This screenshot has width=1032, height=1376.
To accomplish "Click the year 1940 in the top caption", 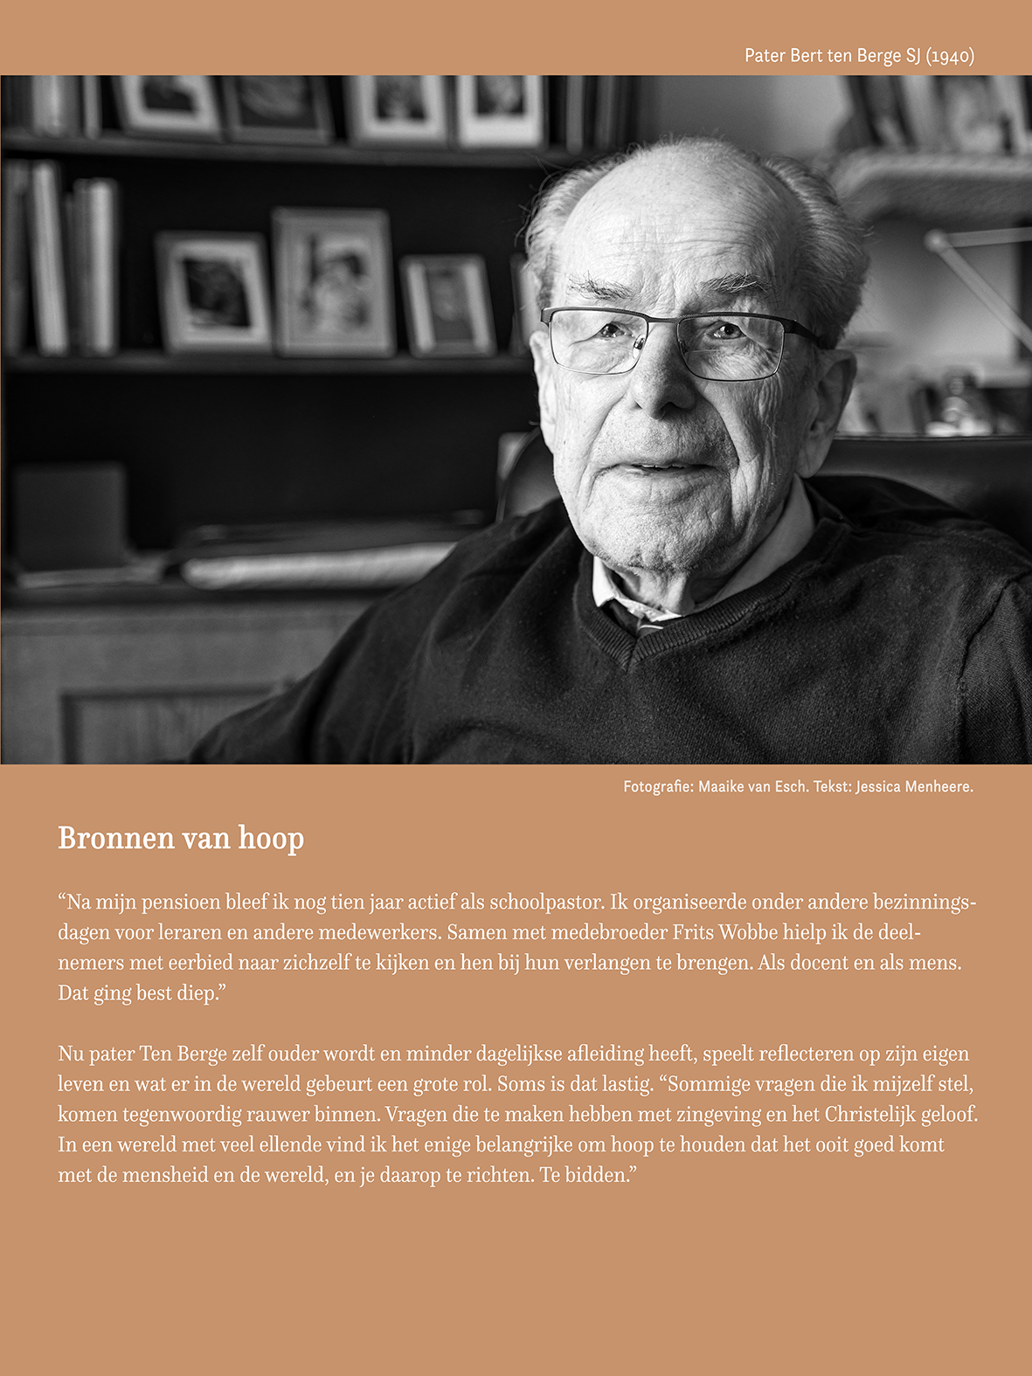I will click(x=950, y=56).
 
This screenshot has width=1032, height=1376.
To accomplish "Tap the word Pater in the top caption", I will click(x=765, y=56).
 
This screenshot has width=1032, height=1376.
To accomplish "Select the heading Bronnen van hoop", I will click(x=181, y=838).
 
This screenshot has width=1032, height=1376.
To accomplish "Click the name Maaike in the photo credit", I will click(x=721, y=786).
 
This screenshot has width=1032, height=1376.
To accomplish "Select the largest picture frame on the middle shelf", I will click(x=333, y=281).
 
